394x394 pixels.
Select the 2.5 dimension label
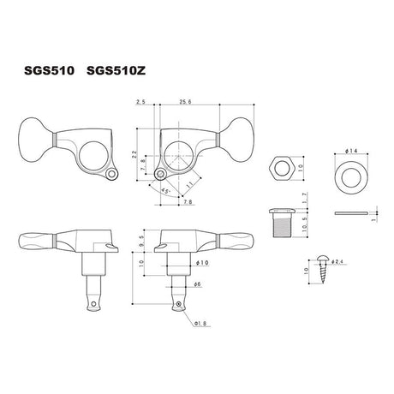click(x=140, y=102)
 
